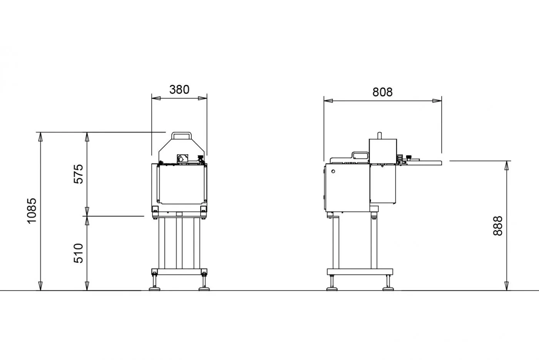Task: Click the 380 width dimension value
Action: [179, 90]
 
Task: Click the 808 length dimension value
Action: [382, 92]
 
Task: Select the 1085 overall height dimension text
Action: [32, 211]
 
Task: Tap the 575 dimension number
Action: [79, 174]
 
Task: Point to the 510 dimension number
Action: [79, 253]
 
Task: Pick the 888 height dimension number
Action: [498, 226]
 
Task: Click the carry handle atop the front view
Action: [181, 135]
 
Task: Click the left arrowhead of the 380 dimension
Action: [156, 98]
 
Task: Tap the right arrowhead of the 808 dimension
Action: [437, 101]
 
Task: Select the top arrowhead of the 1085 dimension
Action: [40, 136]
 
